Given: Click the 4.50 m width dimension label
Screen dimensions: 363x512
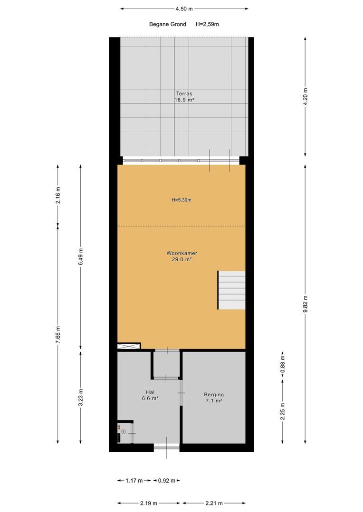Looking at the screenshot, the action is coord(184,9).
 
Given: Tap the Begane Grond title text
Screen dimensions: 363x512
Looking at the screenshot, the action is coord(168,24).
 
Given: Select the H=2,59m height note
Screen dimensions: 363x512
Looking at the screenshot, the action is coord(207,24).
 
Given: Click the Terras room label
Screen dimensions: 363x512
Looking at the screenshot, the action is coord(184,94).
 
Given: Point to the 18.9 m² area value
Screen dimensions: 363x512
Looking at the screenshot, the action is coord(184,100).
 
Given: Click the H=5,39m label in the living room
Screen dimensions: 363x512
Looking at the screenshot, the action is coord(181,200).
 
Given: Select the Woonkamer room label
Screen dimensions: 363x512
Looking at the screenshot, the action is coord(181,253).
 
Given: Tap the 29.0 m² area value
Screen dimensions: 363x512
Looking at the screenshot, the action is coord(181,260).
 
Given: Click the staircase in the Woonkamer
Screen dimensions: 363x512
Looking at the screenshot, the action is coord(231,290).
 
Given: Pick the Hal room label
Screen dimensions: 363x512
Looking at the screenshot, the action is coord(150,392).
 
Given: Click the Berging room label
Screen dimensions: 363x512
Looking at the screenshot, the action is coord(214,394).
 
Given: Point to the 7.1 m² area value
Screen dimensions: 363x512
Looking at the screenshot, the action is coord(214,401).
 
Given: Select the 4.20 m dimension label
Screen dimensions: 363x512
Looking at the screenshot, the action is coord(306,96).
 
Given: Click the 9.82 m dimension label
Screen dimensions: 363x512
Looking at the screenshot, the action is coord(306,304).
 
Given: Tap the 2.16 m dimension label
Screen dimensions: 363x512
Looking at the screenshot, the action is coord(58,195).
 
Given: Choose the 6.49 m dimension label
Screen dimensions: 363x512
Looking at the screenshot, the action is coord(81,256).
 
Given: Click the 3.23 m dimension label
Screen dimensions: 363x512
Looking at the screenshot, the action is coord(81,397).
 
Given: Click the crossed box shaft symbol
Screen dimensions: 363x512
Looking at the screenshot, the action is coord(129,346).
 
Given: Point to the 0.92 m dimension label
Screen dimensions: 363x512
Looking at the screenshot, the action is coord(167,481).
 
